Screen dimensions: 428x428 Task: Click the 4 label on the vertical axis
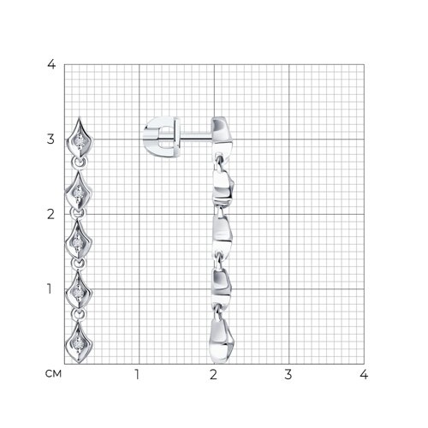(51, 64)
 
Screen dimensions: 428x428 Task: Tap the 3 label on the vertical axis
(51, 140)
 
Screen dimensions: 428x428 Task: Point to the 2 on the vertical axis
(51, 214)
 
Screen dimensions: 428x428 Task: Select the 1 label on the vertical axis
(50, 288)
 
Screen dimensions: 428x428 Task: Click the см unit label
(53, 374)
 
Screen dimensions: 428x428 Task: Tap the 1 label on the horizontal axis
(137, 374)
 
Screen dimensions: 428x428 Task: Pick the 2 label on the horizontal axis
(213, 374)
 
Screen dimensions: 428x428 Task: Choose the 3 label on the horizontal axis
(288, 374)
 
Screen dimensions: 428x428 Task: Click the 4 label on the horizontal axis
(364, 374)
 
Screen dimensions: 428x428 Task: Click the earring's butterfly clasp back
(161, 136)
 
